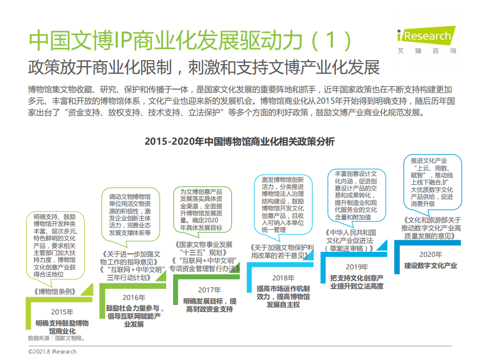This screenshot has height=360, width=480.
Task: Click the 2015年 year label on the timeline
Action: [x=62, y=312]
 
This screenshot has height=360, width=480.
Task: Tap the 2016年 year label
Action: [x=134, y=297]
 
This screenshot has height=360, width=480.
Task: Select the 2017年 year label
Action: [x=209, y=289]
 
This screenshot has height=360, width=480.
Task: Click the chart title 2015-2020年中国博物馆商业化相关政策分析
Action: [x=239, y=141]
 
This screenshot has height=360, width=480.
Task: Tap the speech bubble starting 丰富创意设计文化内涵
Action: [x=356, y=195]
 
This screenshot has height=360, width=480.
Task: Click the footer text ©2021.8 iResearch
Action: [x=53, y=351]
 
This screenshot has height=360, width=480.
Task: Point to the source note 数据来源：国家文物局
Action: [x=56, y=338]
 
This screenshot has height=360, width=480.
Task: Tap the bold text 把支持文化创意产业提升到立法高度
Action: [x=356, y=282]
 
